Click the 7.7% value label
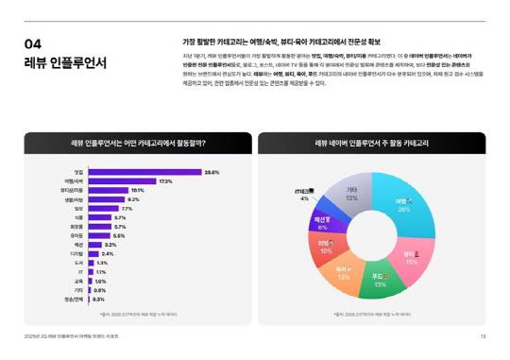pyautogui.click(x=127, y=208)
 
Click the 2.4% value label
pyautogui.click(x=108, y=253)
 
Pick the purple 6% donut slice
pyautogui.click(x=323, y=223)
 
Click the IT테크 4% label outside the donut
pyautogui.click(x=303, y=195)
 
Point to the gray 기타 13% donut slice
pyautogui.click(x=351, y=193)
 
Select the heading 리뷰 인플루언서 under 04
pyautogui.click(x=65, y=63)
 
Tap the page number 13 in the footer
pyautogui.click(x=483, y=336)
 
